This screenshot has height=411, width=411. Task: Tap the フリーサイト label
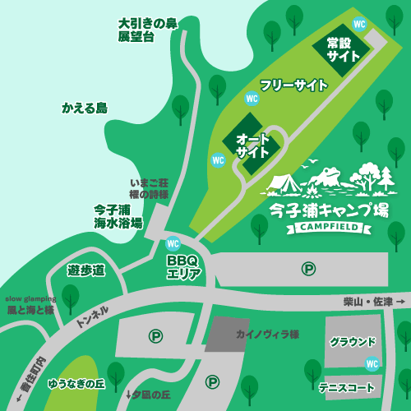pos(293,85)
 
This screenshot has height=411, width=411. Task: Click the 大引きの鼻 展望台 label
pos(147,30)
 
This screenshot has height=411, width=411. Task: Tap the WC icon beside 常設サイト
pos(359,23)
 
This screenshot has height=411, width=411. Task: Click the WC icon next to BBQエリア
pos(173,243)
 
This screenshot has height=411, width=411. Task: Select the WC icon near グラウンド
pos(372,363)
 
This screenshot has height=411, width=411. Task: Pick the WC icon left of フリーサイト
pos(252,98)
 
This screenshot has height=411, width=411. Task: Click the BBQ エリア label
pos(183,267)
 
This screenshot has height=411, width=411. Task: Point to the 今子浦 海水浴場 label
pos(118,216)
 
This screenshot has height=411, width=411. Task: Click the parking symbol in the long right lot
pos(308,268)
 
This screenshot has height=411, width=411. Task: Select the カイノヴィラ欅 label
pos(266,335)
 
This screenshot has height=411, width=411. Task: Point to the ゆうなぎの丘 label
pos(76,383)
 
